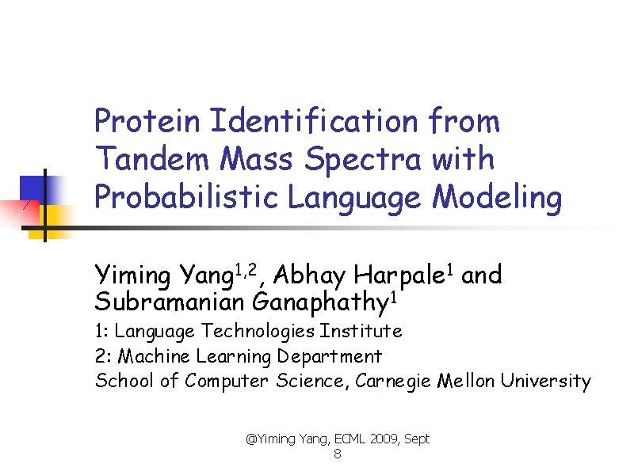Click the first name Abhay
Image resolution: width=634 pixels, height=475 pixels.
(x=310, y=276)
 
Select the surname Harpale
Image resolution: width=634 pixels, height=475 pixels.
(x=399, y=276)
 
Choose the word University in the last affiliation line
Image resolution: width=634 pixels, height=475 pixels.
(x=545, y=382)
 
